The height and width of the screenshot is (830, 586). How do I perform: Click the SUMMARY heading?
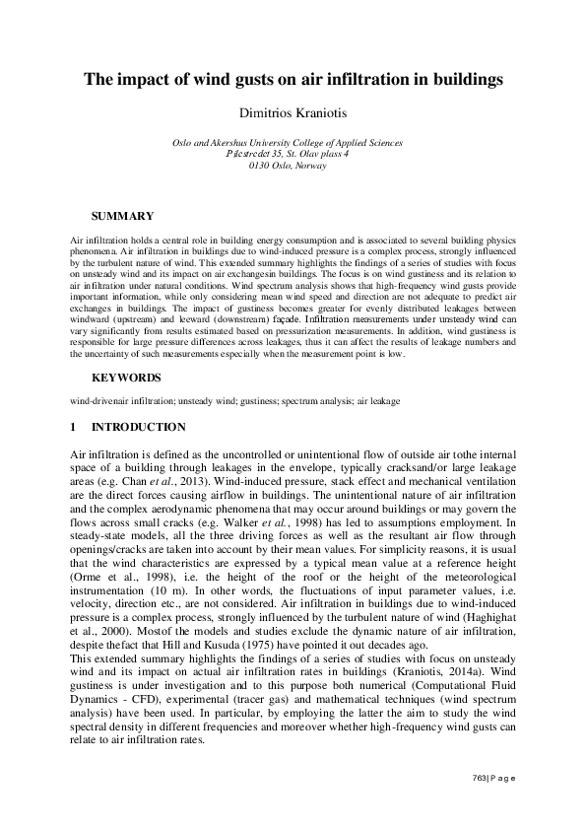122,216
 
